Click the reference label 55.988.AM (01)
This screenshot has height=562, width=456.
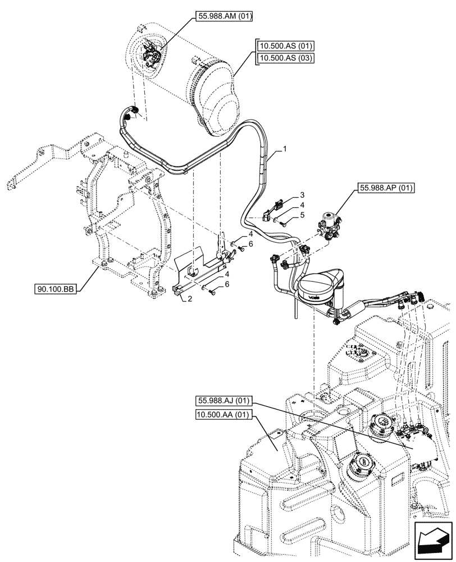click(225, 17)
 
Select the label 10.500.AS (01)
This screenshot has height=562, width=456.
click(286, 46)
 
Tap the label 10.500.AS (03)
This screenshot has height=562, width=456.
click(286, 58)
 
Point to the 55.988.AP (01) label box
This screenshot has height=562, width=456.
click(384, 188)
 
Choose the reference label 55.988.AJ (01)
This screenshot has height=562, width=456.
click(224, 401)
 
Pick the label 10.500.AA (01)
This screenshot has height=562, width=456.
click(224, 415)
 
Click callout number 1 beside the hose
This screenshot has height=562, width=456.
click(285, 149)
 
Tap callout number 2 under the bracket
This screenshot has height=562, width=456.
click(190, 299)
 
